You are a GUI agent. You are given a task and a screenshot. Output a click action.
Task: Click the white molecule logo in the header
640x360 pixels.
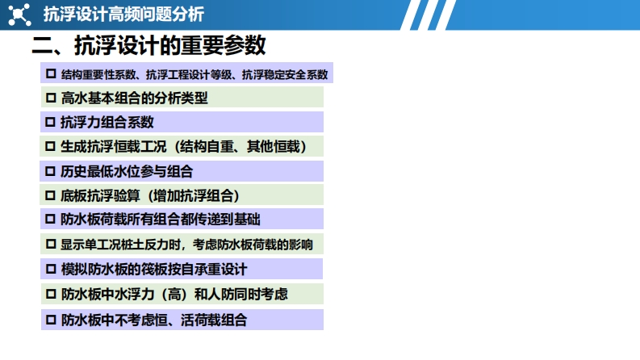(x=19, y=15)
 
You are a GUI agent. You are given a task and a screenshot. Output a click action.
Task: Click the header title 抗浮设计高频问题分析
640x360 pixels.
(x=123, y=15)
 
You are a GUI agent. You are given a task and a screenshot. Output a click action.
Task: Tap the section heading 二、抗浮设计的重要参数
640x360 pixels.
(x=149, y=45)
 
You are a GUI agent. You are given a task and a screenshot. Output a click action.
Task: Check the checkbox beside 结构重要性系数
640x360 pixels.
(x=51, y=74)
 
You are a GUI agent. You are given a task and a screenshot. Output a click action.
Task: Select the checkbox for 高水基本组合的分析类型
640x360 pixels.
(x=51, y=98)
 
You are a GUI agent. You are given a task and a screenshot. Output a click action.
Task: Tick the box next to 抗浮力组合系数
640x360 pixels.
(x=50, y=122)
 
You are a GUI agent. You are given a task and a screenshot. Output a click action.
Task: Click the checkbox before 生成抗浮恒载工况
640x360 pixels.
(x=50, y=146)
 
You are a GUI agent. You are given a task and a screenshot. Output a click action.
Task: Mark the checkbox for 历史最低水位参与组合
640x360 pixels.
(x=50, y=171)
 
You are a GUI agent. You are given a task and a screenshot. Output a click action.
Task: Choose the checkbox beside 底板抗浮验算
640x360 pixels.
(x=50, y=195)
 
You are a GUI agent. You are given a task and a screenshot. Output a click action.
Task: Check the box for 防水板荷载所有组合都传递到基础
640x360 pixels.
(x=50, y=220)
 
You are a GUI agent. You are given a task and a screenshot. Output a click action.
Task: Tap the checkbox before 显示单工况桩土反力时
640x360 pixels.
(x=51, y=244)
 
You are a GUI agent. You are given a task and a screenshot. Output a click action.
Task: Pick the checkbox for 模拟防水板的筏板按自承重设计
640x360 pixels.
(x=51, y=269)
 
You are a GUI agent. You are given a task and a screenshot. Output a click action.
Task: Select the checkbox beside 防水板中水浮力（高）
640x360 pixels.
(x=51, y=294)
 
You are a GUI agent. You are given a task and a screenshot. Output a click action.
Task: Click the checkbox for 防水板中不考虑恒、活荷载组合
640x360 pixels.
(x=51, y=320)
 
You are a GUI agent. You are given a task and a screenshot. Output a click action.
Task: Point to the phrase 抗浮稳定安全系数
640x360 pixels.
(x=285, y=74)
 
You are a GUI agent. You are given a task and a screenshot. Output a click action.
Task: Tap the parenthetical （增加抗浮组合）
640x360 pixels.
(x=191, y=196)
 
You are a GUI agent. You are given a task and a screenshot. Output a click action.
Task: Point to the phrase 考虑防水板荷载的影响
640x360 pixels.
(x=253, y=245)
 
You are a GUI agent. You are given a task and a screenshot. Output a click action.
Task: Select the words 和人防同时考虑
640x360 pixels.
(x=241, y=295)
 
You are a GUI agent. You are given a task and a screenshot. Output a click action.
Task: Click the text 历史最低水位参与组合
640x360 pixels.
(x=127, y=171)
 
